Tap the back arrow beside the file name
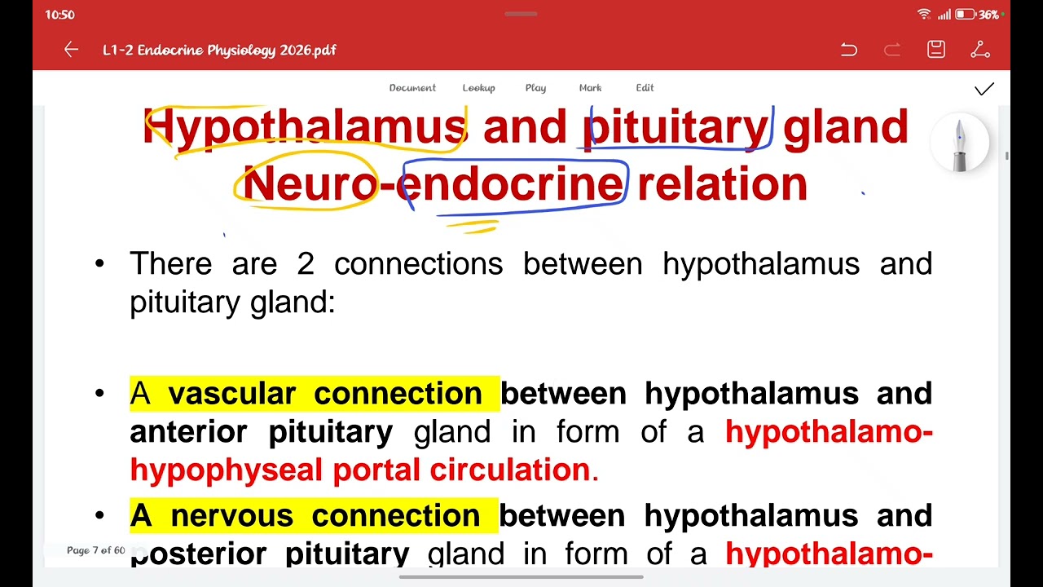point(71,50)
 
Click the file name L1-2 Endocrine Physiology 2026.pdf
point(219,50)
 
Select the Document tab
point(412,88)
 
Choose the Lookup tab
point(478,88)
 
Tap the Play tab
point(535,88)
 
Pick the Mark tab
point(590,88)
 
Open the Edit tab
point(645,88)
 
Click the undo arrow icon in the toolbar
point(848,50)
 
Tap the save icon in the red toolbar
point(936,50)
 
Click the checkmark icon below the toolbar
point(984,89)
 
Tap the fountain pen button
point(959,144)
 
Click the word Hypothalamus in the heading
point(305,128)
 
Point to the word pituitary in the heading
point(676,128)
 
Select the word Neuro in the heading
point(310,184)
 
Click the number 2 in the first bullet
point(306,264)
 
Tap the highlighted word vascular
point(231,394)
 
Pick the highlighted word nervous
point(231,516)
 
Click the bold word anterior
point(189,432)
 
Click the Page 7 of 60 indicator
point(96,550)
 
